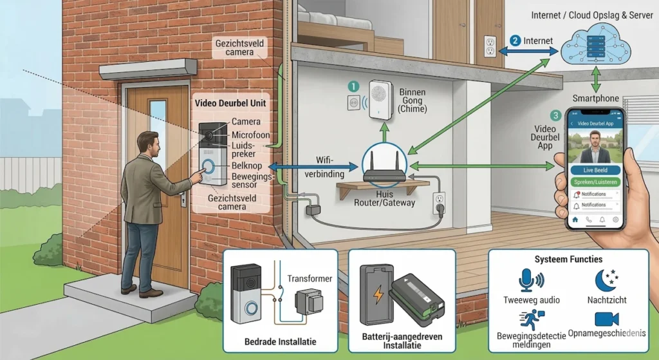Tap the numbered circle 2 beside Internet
point(515,41)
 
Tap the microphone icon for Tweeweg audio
point(531,281)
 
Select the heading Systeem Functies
point(568,259)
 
